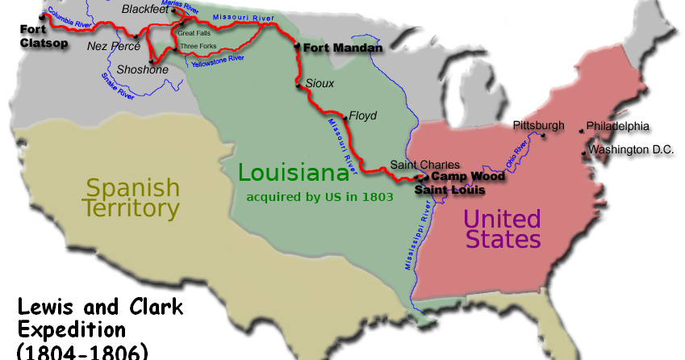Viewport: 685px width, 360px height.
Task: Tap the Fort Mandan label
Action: pos(342,48)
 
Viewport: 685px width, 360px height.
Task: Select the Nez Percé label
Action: pos(114,47)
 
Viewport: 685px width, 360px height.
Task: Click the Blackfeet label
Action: pos(145,9)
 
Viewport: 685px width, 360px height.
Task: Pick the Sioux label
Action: pos(320,83)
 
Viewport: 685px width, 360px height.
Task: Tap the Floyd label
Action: pos(364,116)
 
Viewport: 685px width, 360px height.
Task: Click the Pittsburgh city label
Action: pos(538,125)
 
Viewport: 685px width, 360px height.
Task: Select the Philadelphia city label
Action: pos(617,127)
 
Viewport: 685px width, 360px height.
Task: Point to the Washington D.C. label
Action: pos(629,150)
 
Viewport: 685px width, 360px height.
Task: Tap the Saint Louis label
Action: pos(450,190)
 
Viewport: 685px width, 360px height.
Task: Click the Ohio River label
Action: pos(516,153)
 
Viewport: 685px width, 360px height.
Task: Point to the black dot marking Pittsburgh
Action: pos(545,136)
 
